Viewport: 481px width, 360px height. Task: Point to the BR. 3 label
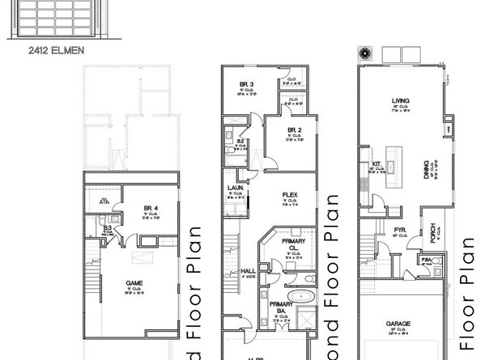pyautogui.click(x=247, y=85)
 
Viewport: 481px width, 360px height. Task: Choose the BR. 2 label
pyautogui.click(x=295, y=129)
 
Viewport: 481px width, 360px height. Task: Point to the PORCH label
pyautogui.click(x=434, y=230)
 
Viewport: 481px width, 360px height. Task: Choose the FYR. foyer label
pyautogui.click(x=399, y=230)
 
